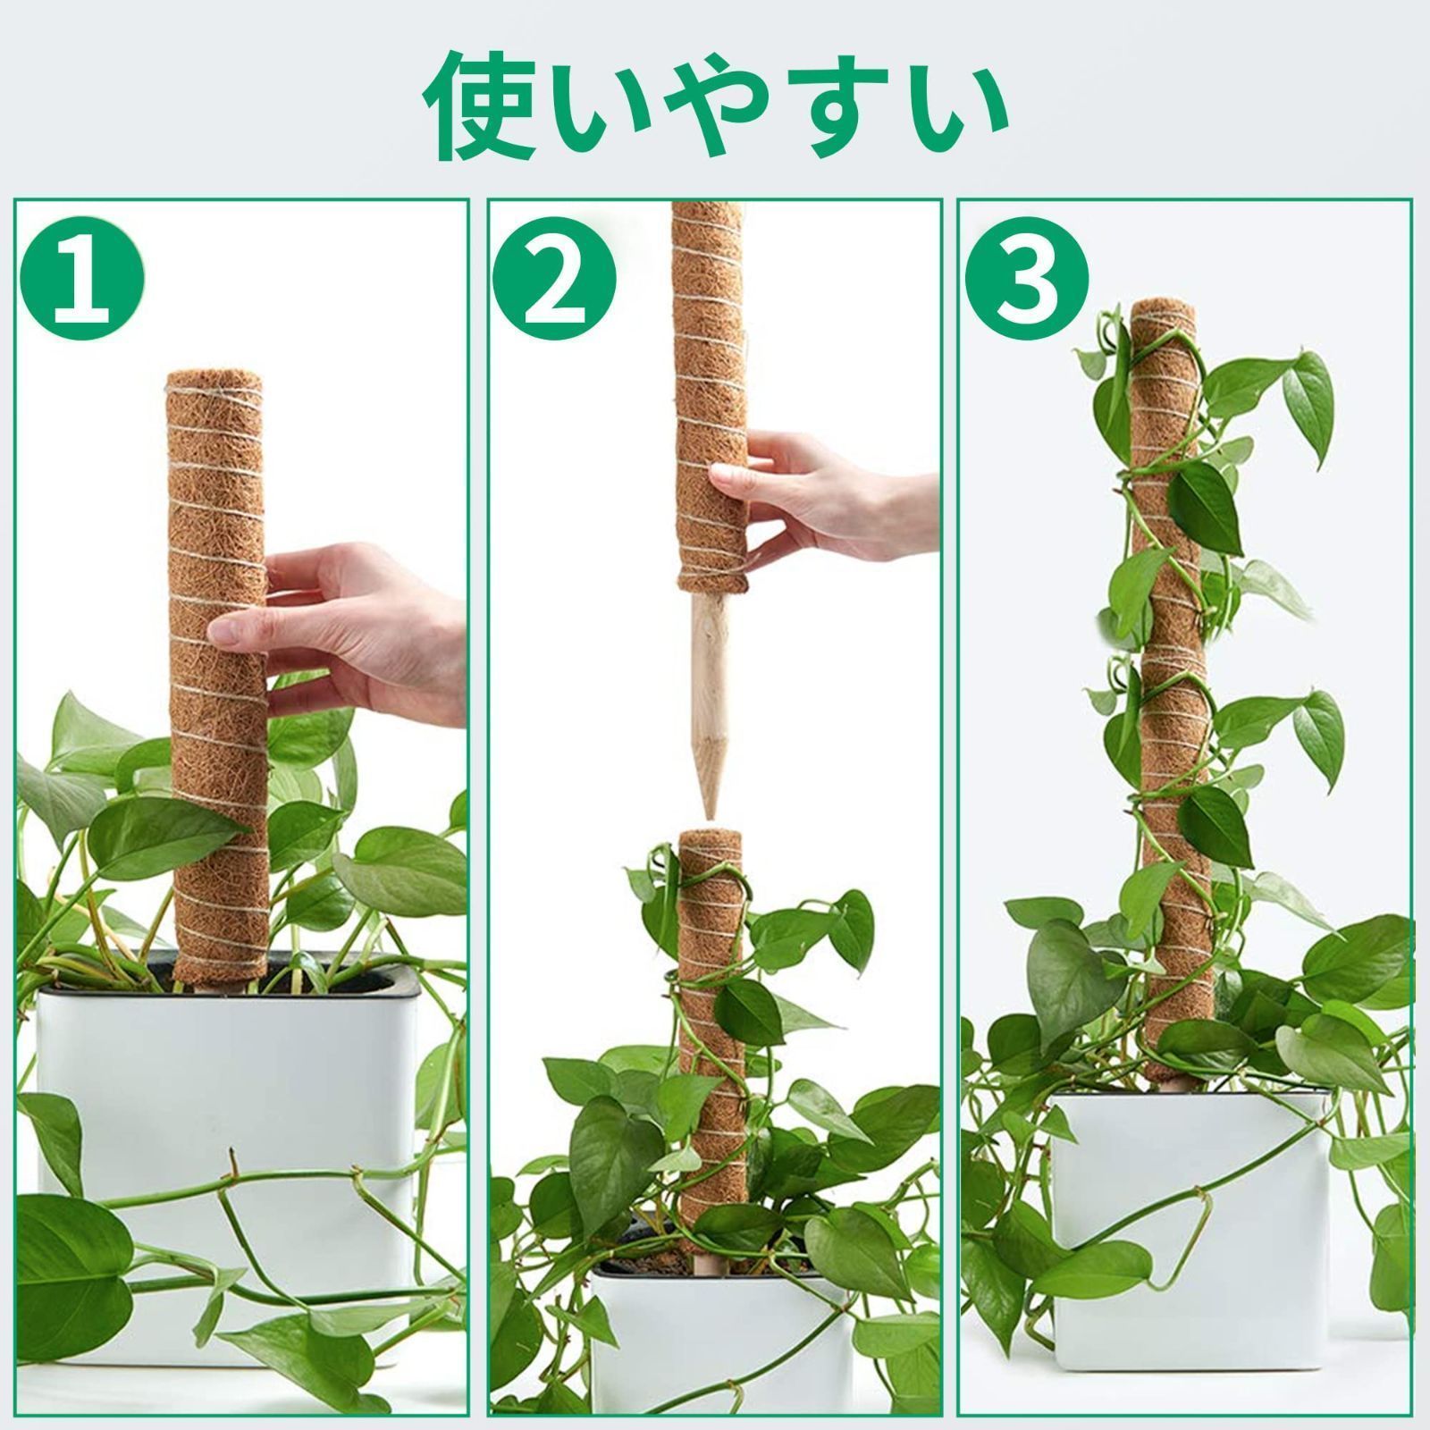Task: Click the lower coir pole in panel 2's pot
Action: tap(711, 1046)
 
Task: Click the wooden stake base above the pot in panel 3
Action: tap(1172, 1084)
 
